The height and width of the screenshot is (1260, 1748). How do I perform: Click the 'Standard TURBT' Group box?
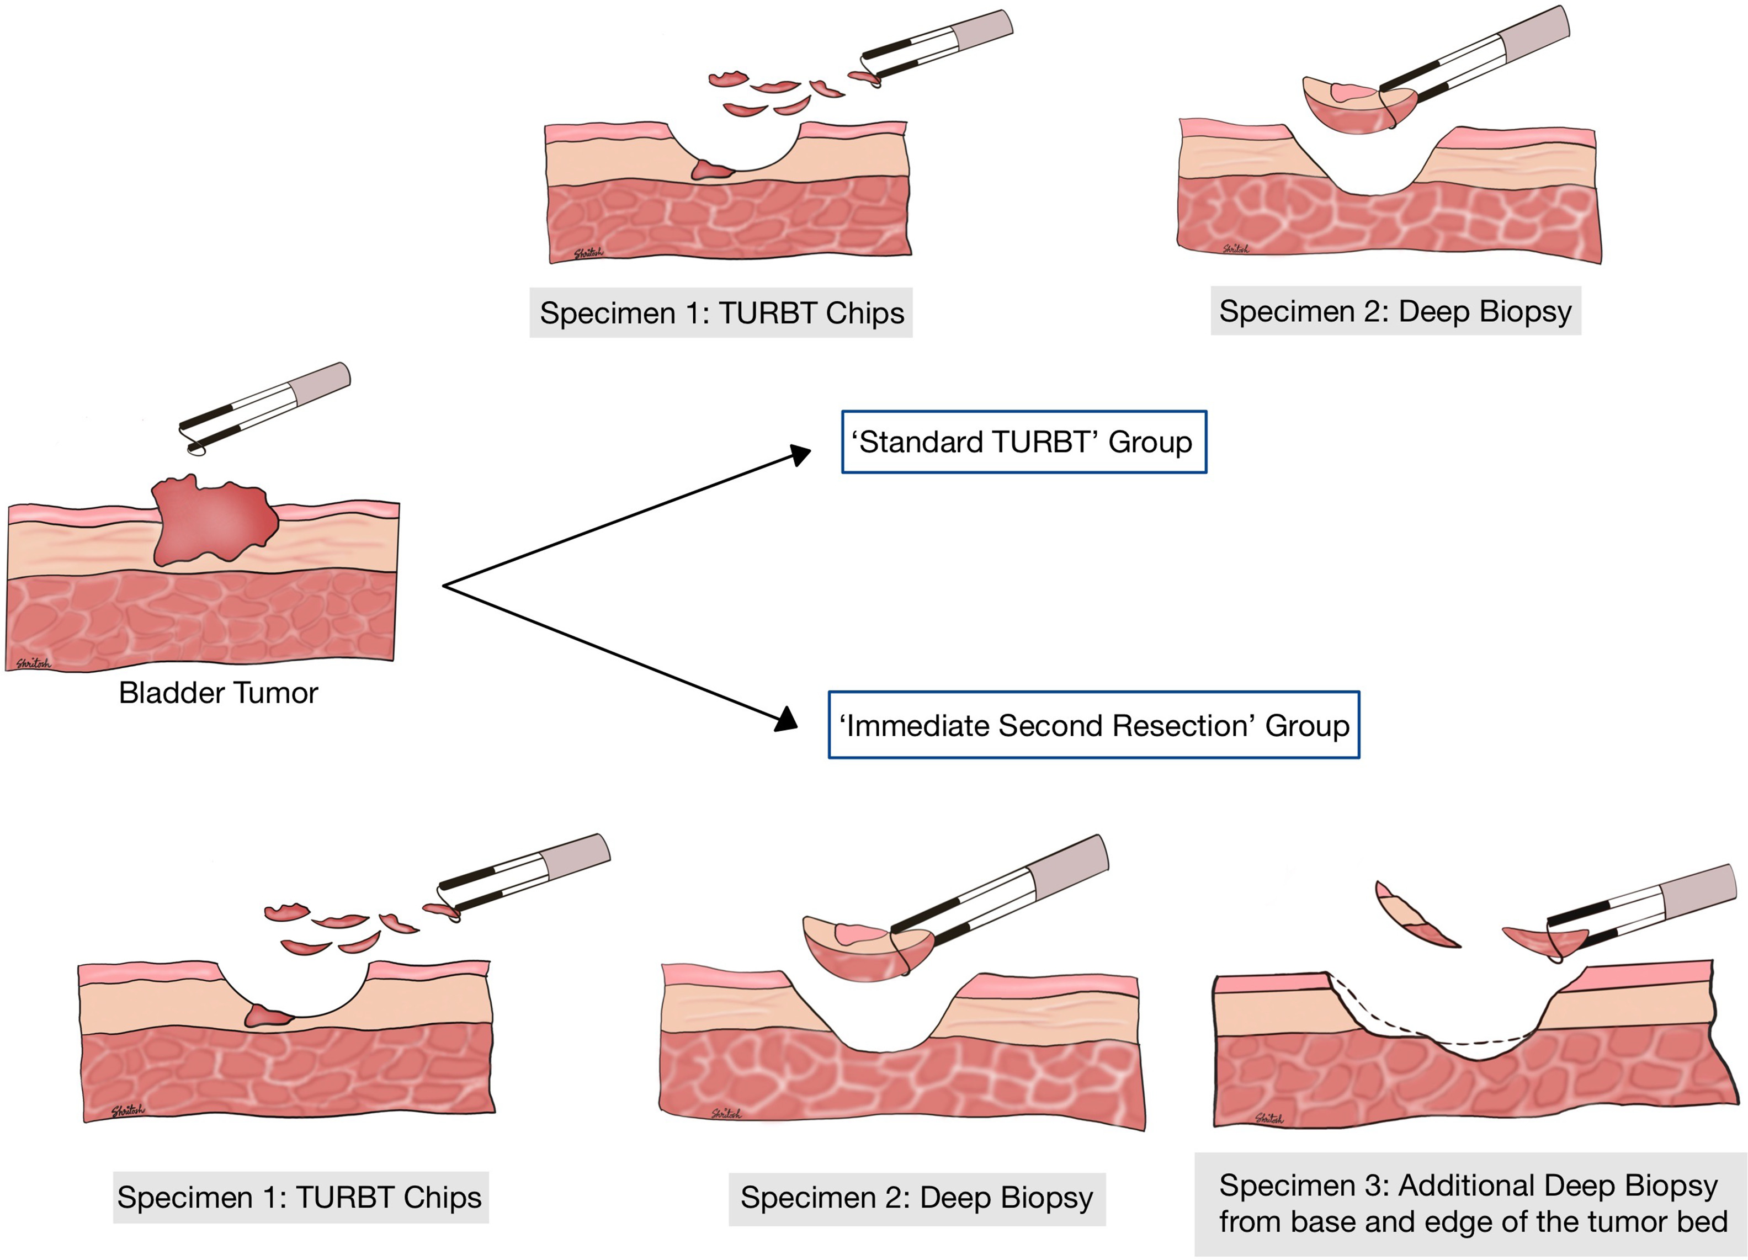[1023, 442]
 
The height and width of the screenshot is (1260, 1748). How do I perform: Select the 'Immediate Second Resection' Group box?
[1093, 725]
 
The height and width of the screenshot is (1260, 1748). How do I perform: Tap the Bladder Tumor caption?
[218, 693]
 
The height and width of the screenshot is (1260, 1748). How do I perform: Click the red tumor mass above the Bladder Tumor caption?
[212, 520]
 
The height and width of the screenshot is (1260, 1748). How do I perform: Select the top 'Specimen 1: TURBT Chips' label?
[721, 313]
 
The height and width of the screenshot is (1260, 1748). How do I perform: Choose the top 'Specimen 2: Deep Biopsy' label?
[1395, 311]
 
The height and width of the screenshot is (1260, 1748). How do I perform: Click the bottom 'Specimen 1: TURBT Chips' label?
[300, 1197]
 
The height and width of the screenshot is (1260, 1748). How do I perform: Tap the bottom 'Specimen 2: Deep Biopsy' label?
[916, 1198]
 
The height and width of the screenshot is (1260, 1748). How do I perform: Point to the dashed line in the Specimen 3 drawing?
[1426, 1033]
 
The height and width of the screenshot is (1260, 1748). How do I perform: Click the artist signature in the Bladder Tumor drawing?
[33, 663]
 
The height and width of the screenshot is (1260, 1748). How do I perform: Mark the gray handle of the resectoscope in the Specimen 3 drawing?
[1696, 887]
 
